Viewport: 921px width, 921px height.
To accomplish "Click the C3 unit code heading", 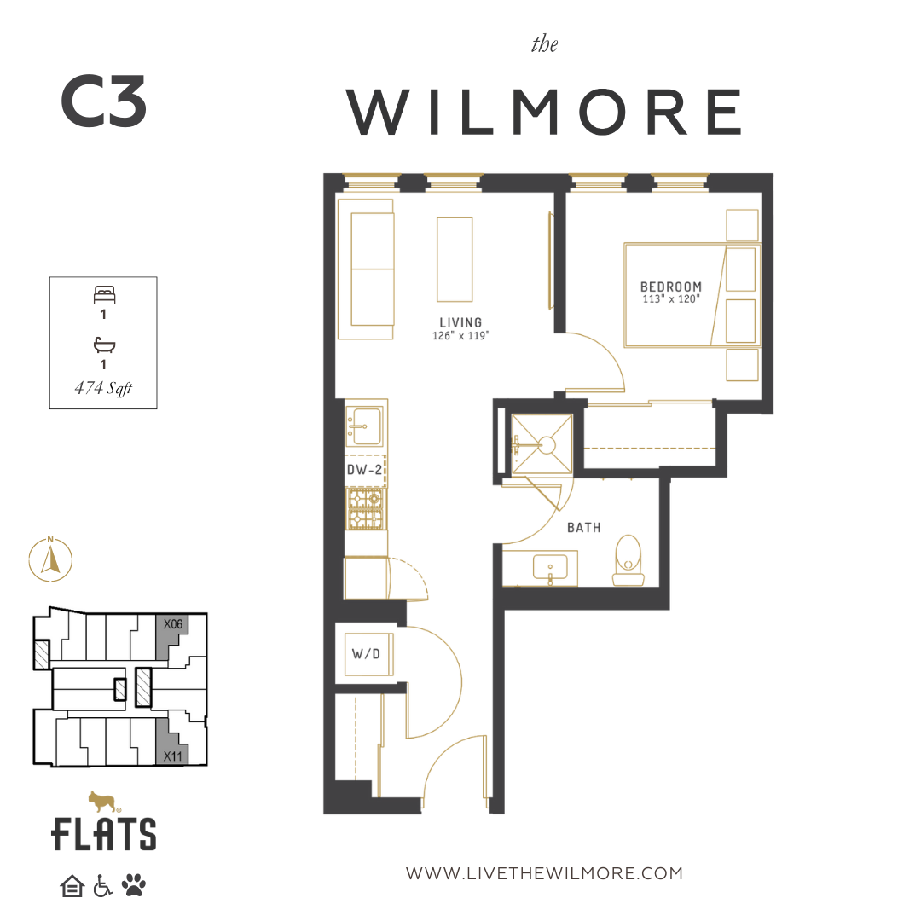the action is point(103,101).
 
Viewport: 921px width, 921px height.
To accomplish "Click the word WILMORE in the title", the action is point(545,112).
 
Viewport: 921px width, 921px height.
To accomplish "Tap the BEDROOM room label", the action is point(671,287).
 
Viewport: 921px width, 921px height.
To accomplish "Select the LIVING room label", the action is point(460,322).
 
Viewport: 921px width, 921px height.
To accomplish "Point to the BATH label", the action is point(584,528).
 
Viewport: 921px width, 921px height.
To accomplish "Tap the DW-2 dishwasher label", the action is point(364,470).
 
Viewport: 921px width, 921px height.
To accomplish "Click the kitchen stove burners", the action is point(365,508).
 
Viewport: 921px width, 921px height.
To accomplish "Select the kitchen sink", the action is point(365,426).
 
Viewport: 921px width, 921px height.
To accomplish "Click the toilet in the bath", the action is point(628,559).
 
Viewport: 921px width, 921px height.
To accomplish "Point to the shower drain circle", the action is point(547,445).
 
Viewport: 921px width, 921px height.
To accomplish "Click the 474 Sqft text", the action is point(103,388).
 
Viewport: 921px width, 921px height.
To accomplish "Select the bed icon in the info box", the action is point(105,294).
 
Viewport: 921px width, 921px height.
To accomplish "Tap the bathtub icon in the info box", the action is point(104,345).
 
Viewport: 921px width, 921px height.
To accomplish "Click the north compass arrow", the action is point(50,559).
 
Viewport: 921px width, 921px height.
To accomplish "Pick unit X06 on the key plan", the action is point(171,637).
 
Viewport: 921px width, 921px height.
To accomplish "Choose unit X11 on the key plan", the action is point(172,743).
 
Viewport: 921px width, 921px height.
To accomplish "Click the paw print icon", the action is point(134,884).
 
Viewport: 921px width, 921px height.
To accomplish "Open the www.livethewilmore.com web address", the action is point(544,873).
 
